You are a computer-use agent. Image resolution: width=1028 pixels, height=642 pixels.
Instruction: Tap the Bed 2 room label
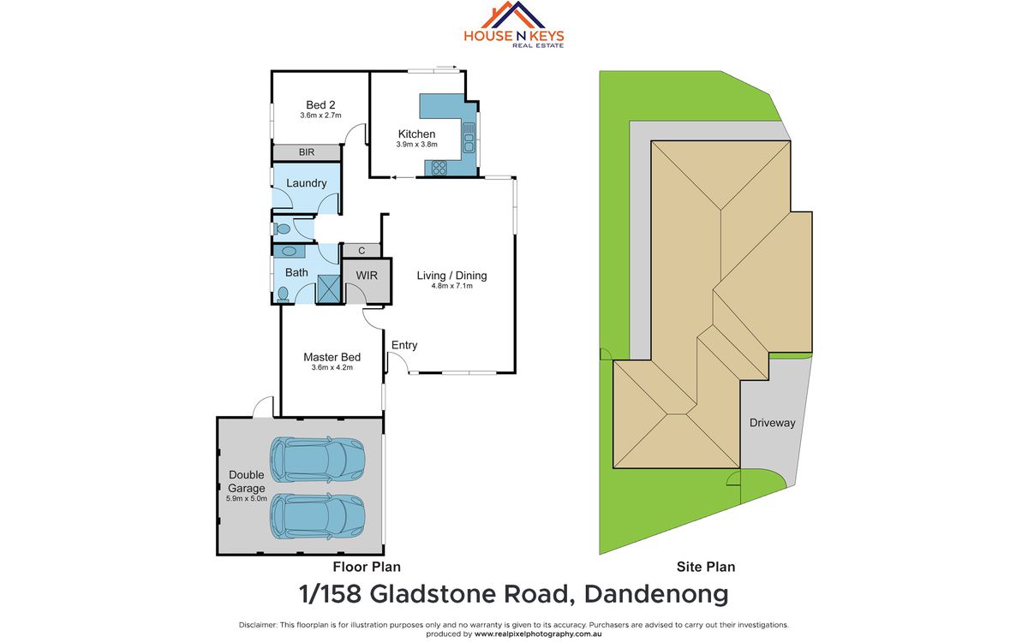pos(320,105)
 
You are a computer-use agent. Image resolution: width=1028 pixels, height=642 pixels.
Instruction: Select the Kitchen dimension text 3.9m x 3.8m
pos(417,145)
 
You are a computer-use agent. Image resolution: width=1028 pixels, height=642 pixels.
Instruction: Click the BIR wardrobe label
pos(306,152)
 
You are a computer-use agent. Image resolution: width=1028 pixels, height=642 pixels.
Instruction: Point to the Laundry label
pos(306,183)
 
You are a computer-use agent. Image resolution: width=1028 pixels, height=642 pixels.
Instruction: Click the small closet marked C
pos(362,250)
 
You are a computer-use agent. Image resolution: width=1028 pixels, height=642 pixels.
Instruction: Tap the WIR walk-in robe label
pos(367,276)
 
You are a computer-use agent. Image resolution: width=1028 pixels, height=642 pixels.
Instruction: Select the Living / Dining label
pos(451,276)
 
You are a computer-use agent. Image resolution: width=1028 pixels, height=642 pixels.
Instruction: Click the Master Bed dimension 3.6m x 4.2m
pos(332,367)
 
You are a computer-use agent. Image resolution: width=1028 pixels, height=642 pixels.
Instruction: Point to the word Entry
pos(404,345)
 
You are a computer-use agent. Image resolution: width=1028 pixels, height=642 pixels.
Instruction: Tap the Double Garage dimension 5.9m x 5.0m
pos(246,498)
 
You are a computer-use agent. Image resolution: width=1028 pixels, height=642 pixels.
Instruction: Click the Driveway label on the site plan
pos(772,423)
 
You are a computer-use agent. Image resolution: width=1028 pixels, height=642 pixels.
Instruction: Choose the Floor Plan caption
pos(367,567)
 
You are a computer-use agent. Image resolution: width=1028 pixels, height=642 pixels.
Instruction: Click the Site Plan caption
pos(707,567)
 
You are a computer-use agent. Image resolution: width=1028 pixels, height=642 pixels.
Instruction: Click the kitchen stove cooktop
pos(439,168)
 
